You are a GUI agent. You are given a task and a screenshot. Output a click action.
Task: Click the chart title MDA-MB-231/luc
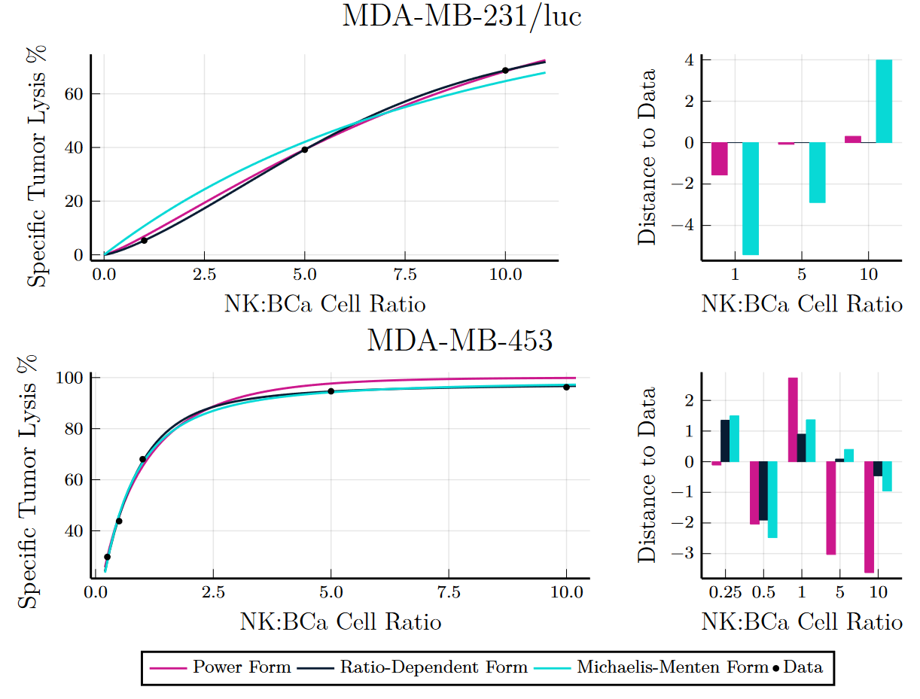(462, 17)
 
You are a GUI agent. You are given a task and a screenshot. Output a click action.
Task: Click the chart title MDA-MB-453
(459, 341)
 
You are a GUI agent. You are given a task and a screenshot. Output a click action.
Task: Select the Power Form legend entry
(220, 667)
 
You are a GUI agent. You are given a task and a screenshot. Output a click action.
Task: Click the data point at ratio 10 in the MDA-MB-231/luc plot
(505, 71)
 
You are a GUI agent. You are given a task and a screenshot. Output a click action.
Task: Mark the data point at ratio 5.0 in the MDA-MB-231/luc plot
(305, 150)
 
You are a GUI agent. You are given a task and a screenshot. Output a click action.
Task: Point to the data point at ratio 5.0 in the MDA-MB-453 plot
(331, 391)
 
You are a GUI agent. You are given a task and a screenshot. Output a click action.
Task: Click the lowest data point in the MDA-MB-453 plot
(107, 557)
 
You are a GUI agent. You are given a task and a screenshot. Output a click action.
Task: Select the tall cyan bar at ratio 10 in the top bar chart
(884, 102)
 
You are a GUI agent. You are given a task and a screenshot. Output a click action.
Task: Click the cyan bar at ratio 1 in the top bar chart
(751, 199)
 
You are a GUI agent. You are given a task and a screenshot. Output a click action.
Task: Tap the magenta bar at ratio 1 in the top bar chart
(720, 159)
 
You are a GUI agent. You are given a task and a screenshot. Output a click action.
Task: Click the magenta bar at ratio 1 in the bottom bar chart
(793, 420)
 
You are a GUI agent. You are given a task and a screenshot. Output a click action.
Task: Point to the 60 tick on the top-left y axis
(78, 94)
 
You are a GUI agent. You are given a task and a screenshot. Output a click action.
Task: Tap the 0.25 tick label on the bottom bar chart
(726, 592)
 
